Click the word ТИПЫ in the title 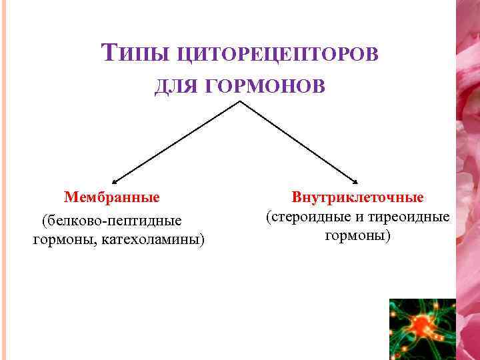[x=128, y=53]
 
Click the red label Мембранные [x=112, y=197]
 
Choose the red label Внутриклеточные [x=358, y=197]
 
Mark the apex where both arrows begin [x=239, y=102]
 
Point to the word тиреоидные [x=414, y=217]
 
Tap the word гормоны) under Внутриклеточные [x=358, y=235]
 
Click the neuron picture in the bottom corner [x=421, y=329]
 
